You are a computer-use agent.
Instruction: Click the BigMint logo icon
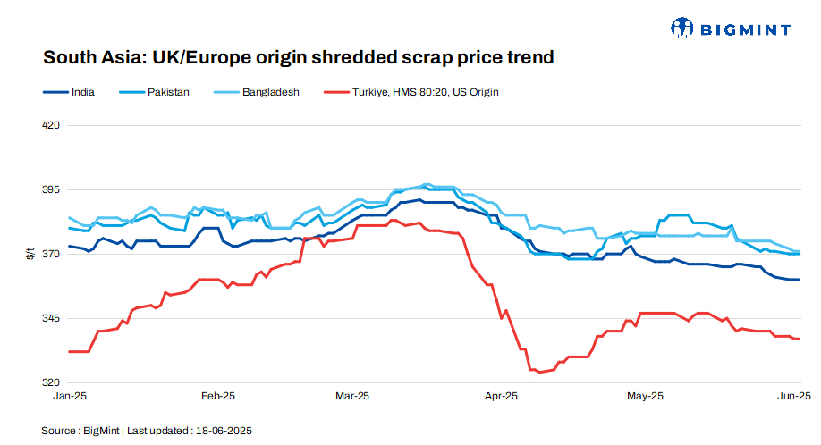click(683, 29)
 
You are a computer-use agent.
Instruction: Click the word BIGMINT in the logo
click(745, 29)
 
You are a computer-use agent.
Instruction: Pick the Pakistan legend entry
click(168, 92)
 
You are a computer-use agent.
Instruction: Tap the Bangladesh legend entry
click(270, 92)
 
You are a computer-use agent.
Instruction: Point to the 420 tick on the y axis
click(51, 125)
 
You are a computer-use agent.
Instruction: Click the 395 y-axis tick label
click(51, 190)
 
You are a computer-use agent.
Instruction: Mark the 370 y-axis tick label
click(51, 255)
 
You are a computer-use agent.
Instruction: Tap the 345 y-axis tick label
click(51, 319)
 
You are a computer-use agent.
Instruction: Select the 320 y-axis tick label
click(51, 383)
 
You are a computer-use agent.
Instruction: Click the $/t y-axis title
click(30, 255)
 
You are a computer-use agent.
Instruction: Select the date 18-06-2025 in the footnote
click(224, 431)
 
